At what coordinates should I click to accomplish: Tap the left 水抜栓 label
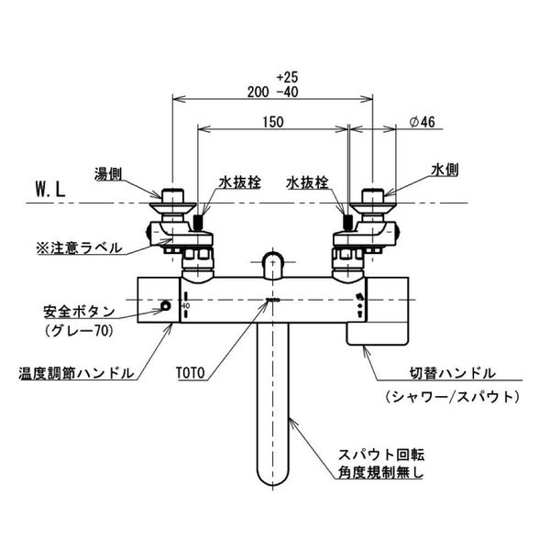coord(239,182)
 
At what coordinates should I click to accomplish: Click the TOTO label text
coord(192,374)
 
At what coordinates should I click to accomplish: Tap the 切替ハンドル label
coord(452,374)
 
